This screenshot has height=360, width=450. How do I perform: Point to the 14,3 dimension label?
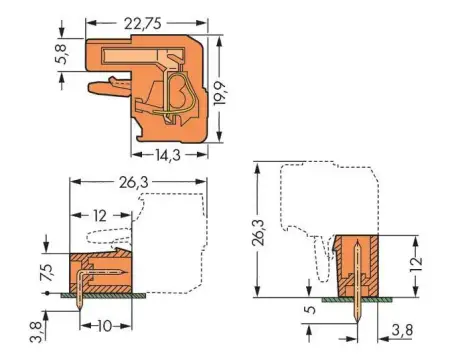170,155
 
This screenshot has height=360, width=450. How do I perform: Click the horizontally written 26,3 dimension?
128,181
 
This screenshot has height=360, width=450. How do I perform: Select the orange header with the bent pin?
96,270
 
